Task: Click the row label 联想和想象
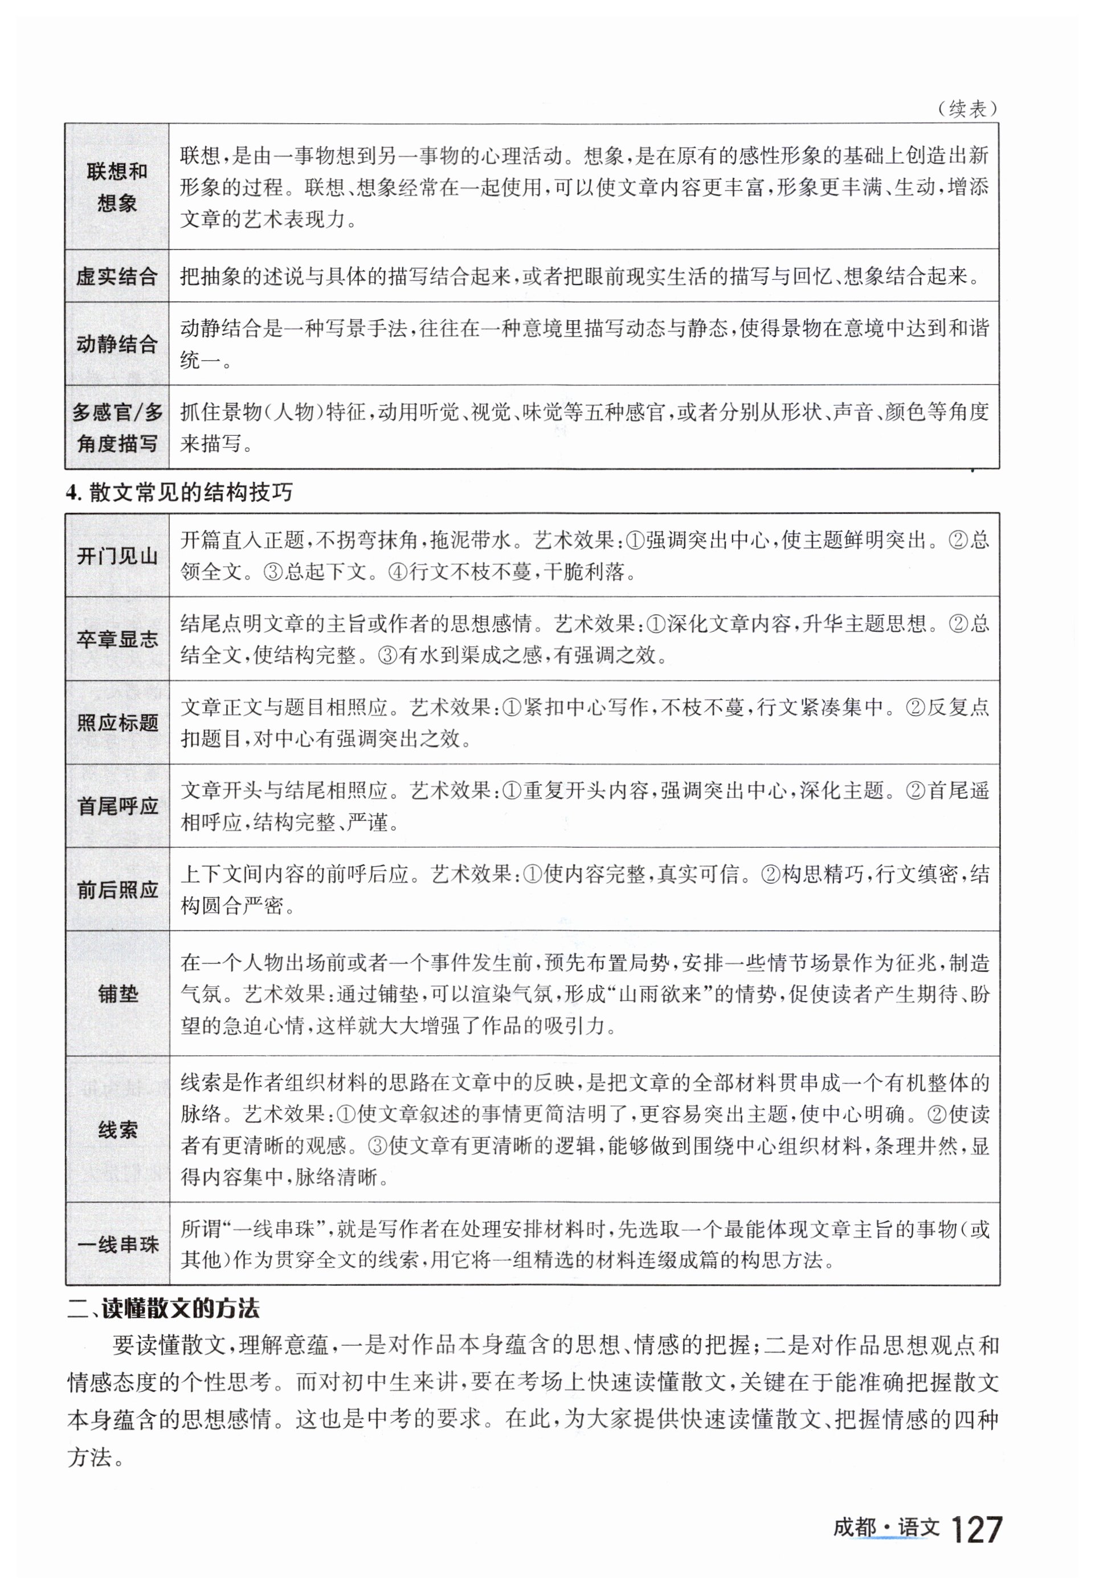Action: click(117, 187)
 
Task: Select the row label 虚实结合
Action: click(117, 276)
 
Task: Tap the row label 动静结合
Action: click(117, 344)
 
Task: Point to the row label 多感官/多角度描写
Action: click(117, 427)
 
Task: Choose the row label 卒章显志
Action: click(117, 639)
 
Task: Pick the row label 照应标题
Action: click(117, 723)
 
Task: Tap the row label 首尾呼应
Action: click(117, 806)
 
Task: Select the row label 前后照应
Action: click(117, 890)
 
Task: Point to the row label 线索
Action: click(117, 1129)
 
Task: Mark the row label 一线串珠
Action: click(117, 1244)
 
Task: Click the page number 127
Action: click(976, 1530)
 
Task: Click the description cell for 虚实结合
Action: click(583, 276)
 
